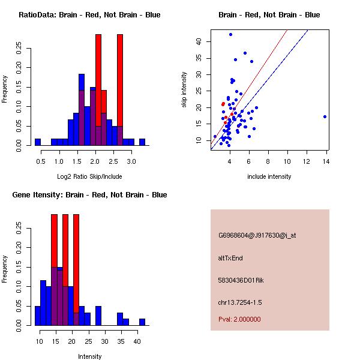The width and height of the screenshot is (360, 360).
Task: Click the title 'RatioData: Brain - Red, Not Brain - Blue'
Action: (89, 15)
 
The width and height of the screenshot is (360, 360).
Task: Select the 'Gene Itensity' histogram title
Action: (89, 195)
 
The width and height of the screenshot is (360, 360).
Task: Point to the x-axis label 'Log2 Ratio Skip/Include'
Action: (89, 176)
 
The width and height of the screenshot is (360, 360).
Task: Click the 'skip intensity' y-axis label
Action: (184, 90)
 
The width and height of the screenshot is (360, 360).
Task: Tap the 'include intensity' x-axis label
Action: (269, 176)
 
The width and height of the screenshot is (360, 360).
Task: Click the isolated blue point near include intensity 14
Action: (325, 116)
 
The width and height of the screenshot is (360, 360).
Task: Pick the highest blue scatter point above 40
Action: (230, 35)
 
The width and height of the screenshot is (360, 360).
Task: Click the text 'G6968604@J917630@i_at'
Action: (257, 235)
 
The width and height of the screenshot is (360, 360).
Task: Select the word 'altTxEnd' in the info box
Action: (230, 258)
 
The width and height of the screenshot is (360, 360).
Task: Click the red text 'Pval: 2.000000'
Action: (239, 319)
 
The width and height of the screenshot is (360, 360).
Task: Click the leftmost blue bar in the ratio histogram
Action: (37, 142)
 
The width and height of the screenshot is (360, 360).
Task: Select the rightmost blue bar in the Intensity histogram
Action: (142, 322)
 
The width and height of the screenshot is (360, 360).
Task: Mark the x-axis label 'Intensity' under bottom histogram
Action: (89, 356)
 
